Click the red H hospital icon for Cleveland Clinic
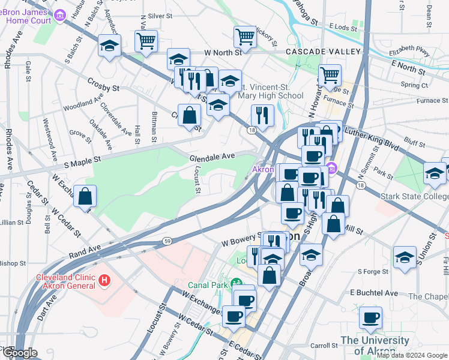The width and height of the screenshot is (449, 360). pos(105,280)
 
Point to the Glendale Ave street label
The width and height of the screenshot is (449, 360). pos(212,157)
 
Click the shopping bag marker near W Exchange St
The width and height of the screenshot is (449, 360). pos(85,196)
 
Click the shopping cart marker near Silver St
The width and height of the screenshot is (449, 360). pos(146,41)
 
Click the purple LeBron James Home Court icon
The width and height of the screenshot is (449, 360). pos(60,16)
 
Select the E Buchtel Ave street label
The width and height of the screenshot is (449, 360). pos(374,293)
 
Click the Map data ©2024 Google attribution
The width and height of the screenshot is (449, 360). pos(412,356)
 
